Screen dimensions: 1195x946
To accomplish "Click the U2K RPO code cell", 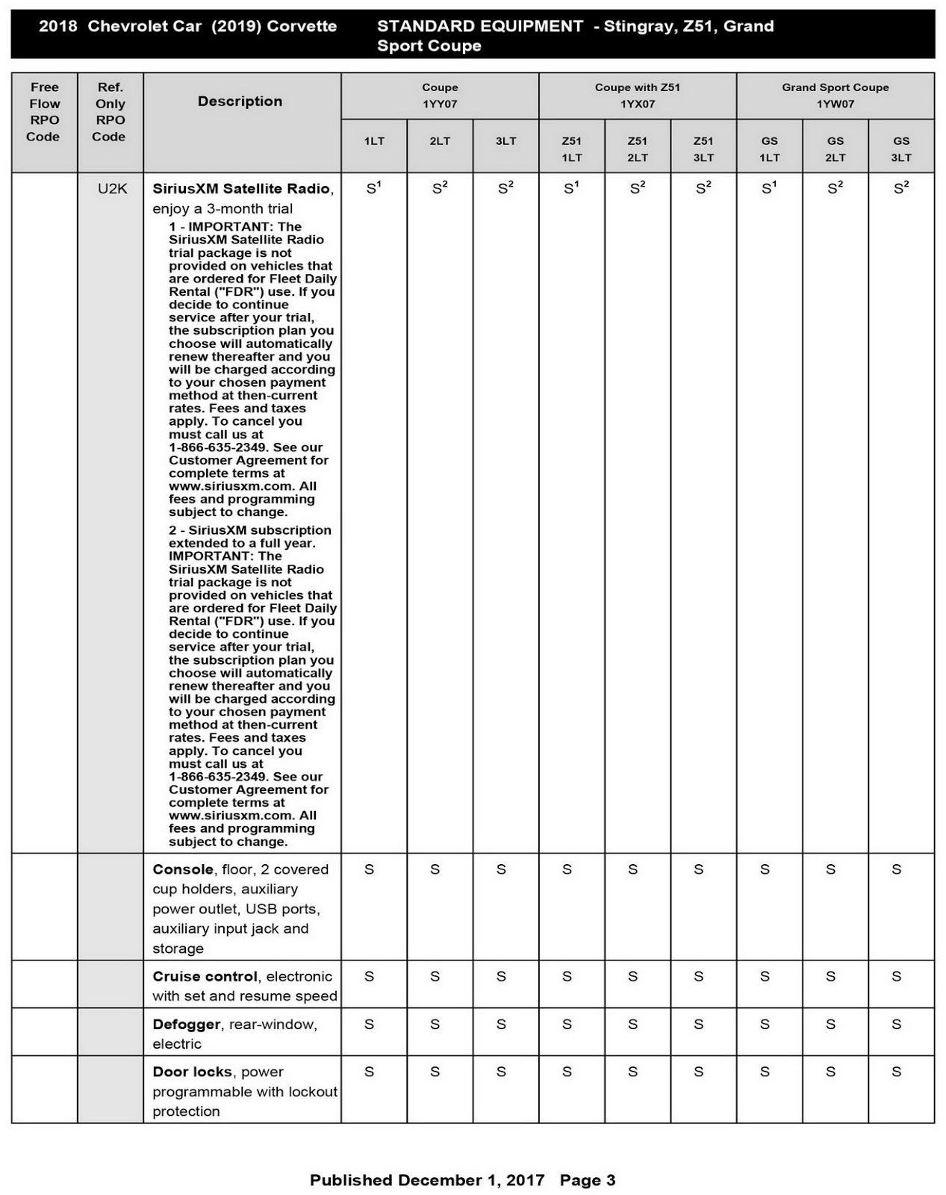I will tap(112, 189).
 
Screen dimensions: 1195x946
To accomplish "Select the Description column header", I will tap(240, 102).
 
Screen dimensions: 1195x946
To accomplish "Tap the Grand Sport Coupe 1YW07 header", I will tap(835, 96).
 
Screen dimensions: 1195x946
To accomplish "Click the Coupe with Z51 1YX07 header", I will tap(637, 96).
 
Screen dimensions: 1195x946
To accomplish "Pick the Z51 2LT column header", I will tap(637, 149).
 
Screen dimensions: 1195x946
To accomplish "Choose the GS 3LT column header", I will tap(901, 149).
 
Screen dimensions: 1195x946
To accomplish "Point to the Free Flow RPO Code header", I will tap(44, 112).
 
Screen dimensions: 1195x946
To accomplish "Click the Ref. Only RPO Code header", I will tap(110, 112).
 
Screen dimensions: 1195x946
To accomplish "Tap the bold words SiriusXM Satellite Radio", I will tap(241, 189).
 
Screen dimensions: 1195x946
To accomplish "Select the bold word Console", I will tap(183, 869).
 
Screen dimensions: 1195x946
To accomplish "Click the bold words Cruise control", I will tap(205, 976).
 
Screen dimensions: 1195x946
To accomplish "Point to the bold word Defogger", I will tap(187, 1024).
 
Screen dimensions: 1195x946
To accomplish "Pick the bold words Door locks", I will tap(192, 1072).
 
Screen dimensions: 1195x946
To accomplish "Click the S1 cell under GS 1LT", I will tap(769, 189).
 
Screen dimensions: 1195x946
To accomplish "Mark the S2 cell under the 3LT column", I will tap(505, 189).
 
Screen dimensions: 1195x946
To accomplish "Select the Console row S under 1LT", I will tap(370, 869).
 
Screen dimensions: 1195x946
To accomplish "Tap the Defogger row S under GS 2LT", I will tap(830, 1024).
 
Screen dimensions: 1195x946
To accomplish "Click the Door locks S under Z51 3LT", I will tap(699, 1072).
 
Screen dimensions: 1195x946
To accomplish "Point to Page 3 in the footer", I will tap(588, 1180).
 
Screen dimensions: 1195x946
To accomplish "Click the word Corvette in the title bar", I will tap(302, 26).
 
